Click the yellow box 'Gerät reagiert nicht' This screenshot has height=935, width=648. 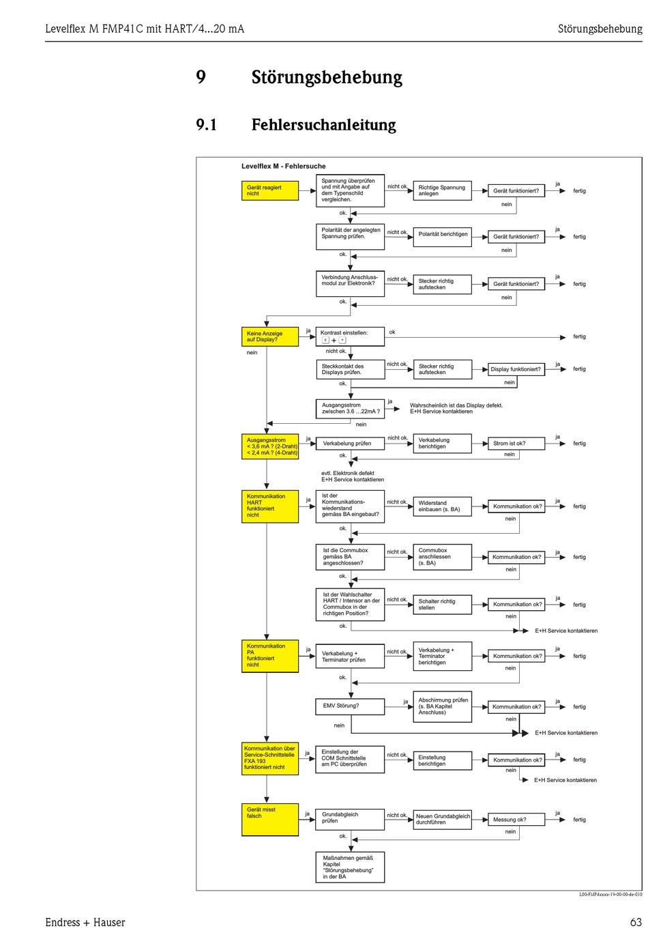pyautogui.click(x=270, y=190)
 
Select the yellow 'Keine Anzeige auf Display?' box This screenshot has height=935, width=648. pyautogui.click(x=270, y=336)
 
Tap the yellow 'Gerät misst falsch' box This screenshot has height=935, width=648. pyautogui.click(x=270, y=819)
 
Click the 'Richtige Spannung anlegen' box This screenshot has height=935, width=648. pyautogui.click(x=442, y=190)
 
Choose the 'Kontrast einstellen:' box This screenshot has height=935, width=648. pyautogui.click(x=350, y=336)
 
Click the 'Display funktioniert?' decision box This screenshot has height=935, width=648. pyautogui.click(x=516, y=369)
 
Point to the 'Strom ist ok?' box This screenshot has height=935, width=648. pyautogui.click(x=516, y=444)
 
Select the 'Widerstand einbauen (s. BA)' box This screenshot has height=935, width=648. pyautogui.click(x=442, y=506)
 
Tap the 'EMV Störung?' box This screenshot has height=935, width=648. pyautogui.click(x=350, y=706)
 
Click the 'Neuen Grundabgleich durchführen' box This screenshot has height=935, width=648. pyautogui.click(x=442, y=819)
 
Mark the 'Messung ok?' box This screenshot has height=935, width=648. pyautogui.click(x=516, y=819)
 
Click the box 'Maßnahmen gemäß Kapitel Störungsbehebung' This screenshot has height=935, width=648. pyautogui.click(x=350, y=867)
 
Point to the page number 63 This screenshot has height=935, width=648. pyautogui.click(x=635, y=922)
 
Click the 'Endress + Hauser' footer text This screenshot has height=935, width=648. pyautogui.click(x=85, y=922)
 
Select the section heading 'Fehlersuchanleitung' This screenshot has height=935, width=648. pyautogui.click(x=323, y=125)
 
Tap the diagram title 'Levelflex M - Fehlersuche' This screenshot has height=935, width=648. pyautogui.click(x=283, y=166)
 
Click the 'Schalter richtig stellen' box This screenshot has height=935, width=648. pyautogui.click(x=442, y=605)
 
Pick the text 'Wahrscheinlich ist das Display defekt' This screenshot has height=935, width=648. pyautogui.click(x=456, y=405)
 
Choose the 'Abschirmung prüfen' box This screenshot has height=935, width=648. pyautogui.click(x=442, y=706)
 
